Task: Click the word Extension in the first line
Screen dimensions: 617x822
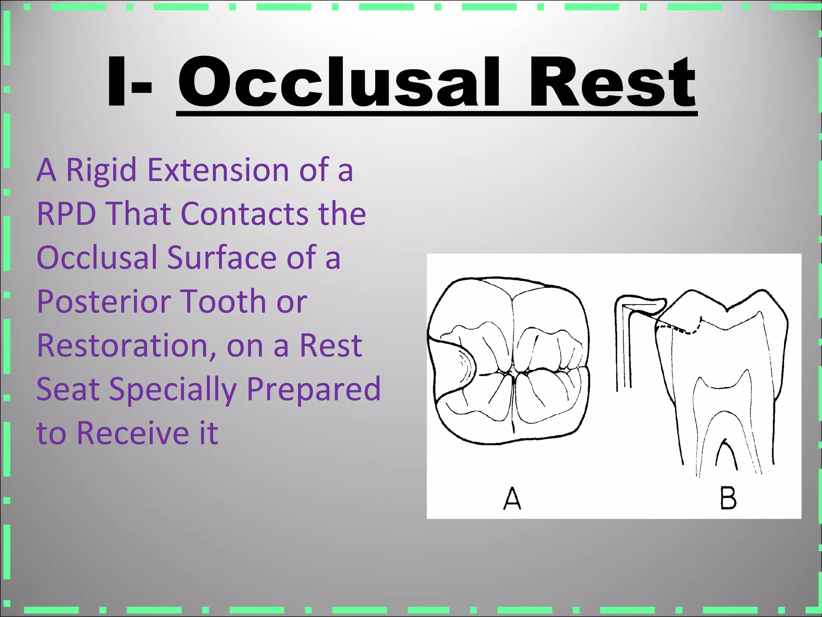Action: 218,170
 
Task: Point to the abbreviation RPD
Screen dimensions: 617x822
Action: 66,214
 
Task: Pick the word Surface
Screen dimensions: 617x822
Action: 222,257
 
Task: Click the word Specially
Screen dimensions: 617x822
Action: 173,390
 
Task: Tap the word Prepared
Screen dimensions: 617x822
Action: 313,390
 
